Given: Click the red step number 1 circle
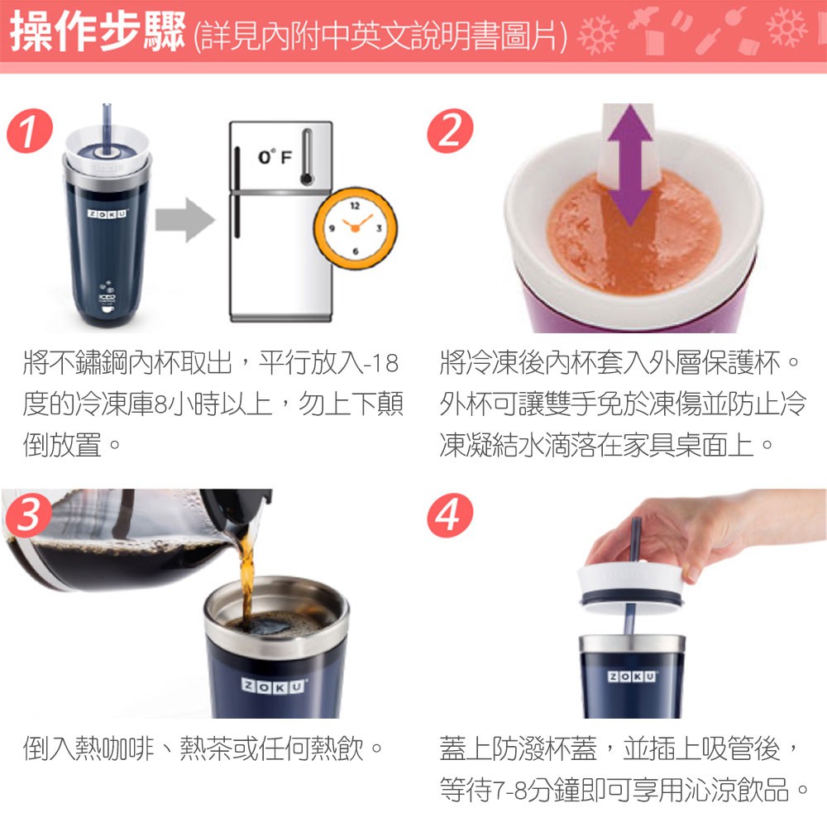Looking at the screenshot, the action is point(30,131).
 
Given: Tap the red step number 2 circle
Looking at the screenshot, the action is point(450,131).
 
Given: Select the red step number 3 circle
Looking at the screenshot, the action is point(28,515).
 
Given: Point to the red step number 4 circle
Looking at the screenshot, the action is point(450,515).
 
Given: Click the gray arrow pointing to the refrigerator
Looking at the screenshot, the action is point(185,220).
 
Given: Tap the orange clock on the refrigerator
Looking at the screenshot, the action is point(355,228).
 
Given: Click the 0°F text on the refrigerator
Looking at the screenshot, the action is point(275,156).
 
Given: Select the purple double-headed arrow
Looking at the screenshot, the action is point(629,165).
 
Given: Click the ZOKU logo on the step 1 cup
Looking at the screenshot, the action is point(108,213).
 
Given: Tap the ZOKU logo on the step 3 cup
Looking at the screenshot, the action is point(273,686).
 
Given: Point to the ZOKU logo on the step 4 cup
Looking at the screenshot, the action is point(632,676).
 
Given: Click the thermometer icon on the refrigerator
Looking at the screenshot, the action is point(307,157).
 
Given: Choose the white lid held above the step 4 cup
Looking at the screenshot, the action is point(631,587).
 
